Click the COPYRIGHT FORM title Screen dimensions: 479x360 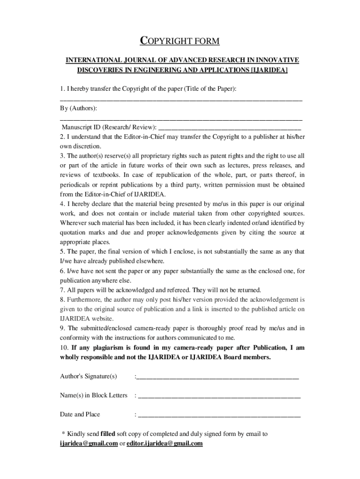pos(180,42)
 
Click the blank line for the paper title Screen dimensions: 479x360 pos(181,100)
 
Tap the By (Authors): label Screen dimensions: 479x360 pos(79,108)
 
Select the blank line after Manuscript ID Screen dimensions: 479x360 pos(230,128)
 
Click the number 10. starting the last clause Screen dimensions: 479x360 pos(65,348)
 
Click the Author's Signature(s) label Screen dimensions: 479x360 pos(88,377)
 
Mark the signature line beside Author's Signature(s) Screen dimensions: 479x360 pos(217,377)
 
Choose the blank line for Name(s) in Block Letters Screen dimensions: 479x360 pos(219,397)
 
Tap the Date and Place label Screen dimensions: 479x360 pos(80,414)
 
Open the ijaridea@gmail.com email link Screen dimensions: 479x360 pos(88,443)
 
